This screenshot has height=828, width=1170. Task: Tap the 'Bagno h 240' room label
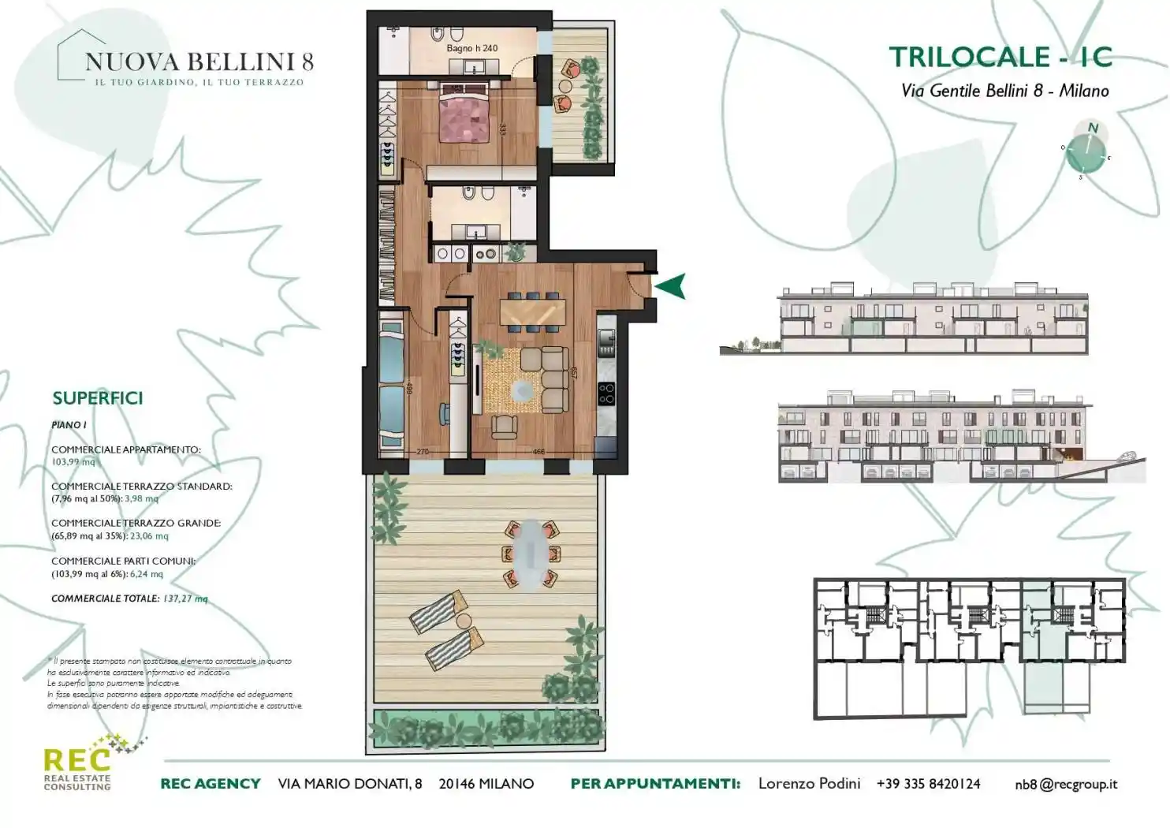click(x=471, y=48)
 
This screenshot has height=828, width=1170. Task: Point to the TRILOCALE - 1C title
click(x=1000, y=57)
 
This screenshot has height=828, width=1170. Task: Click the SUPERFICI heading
click(x=98, y=398)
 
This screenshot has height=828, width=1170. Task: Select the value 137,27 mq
click(x=185, y=599)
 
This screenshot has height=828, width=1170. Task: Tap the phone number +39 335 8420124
click(x=928, y=784)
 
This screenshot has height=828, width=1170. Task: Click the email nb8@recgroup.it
click(x=1066, y=784)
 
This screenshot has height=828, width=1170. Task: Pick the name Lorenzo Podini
click(x=809, y=784)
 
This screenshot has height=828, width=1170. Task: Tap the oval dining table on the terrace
click(x=532, y=554)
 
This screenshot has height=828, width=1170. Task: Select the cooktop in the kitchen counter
click(x=605, y=392)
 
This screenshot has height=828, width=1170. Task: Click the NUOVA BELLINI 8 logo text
click(x=199, y=62)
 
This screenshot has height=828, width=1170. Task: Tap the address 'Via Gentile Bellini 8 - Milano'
click(x=1004, y=91)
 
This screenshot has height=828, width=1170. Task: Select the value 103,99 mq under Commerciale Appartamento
click(x=73, y=462)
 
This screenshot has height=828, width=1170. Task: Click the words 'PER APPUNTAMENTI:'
click(x=655, y=784)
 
